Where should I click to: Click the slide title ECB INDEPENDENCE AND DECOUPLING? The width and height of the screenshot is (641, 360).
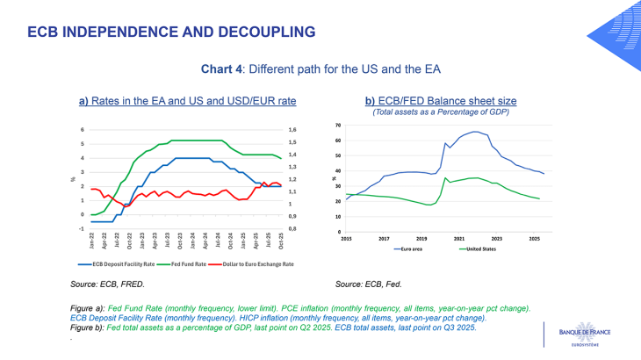[171, 32]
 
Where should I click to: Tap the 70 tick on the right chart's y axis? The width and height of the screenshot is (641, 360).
[339, 126]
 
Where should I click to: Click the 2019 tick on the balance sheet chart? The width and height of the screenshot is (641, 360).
[421, 238]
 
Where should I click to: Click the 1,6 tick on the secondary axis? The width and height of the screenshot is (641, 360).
[292, 130]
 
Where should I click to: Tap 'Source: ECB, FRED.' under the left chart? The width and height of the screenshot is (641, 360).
[107, 284]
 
